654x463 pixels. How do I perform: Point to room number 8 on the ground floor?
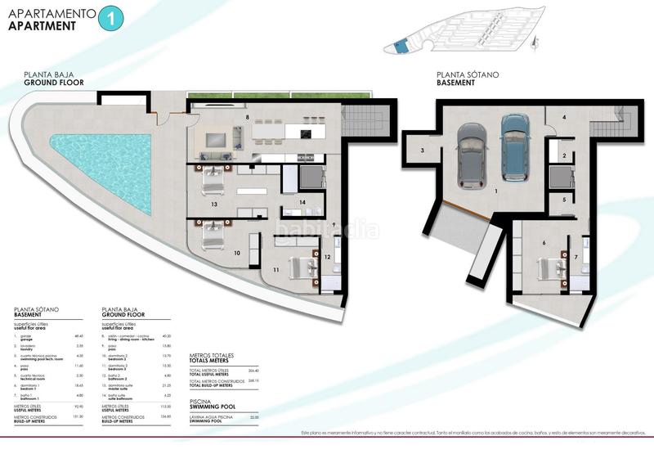coord(246,118)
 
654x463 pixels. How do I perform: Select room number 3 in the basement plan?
coord(423,151)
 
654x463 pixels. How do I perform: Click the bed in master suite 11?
coord(303,267)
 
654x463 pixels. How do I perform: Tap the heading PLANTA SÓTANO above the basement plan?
coord(467,74)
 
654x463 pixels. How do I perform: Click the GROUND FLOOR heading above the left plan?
coord(53,83)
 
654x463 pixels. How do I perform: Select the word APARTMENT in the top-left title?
coord(42,25)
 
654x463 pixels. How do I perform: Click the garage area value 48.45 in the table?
coord(79,335)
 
